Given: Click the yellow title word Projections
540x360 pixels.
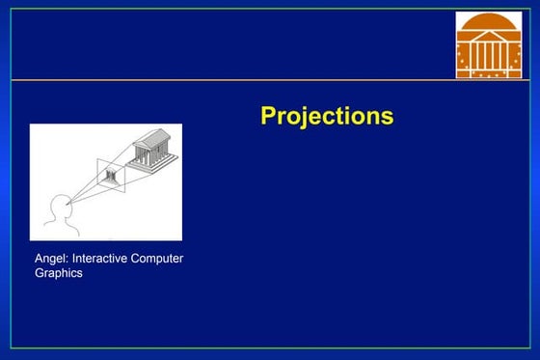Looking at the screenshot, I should pos(327,116).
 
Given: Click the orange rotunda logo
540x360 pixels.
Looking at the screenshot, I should pos(488,46).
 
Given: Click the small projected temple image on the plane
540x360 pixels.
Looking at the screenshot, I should pos(111,176).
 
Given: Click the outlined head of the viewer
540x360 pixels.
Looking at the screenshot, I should pos(58,206).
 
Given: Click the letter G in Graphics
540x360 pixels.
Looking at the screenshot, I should pos(40,273).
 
